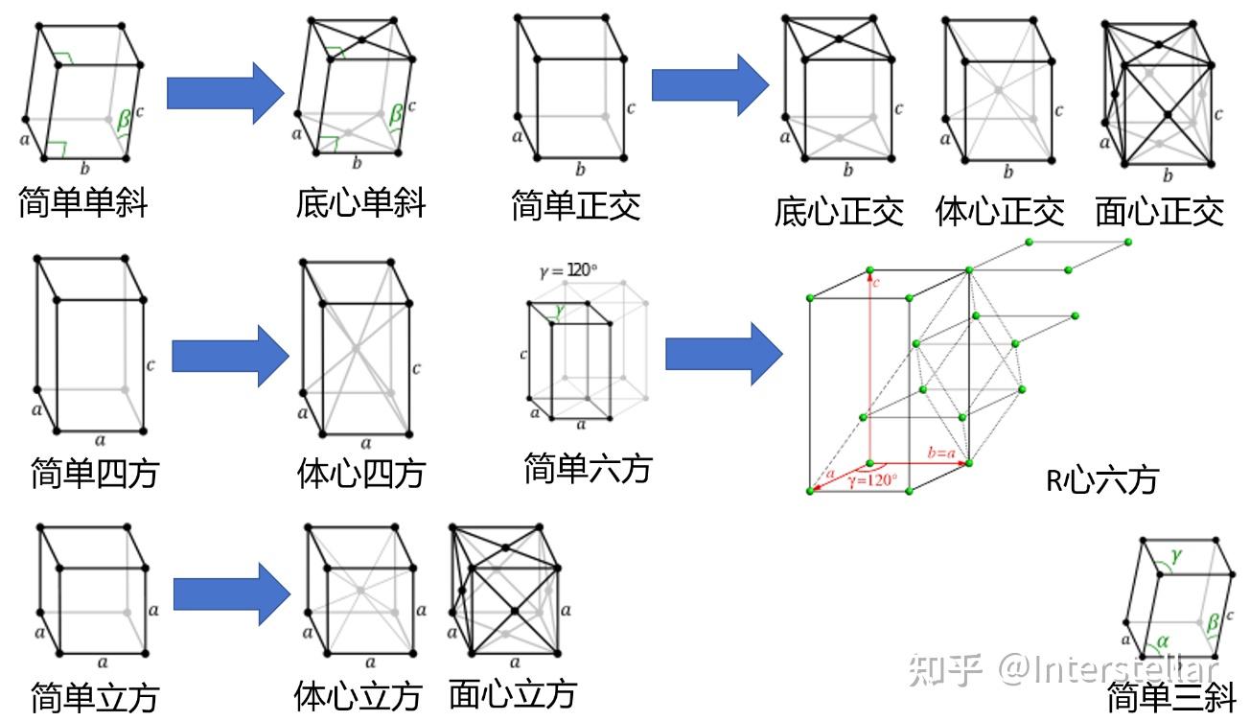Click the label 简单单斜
[82, 201]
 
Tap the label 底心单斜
[360, 202]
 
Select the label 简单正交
[575, 205]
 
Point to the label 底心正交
[839, 212]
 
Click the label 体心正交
[1000, 212]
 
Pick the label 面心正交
[1160, 212]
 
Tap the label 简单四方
[95, 473]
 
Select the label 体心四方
[360, 473]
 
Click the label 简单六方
[588, 469]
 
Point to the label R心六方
[1101, 478]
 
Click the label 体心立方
[358, 694]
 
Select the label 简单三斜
[1171, 697]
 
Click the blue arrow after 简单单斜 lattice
[225, 93]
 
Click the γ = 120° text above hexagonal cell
[569, 271]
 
